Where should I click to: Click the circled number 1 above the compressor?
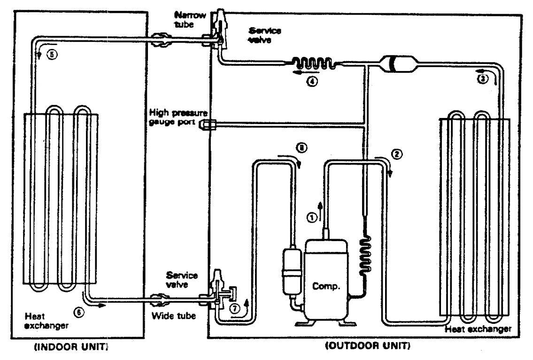click(311, 217)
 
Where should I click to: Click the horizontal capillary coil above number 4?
click(313, 64)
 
